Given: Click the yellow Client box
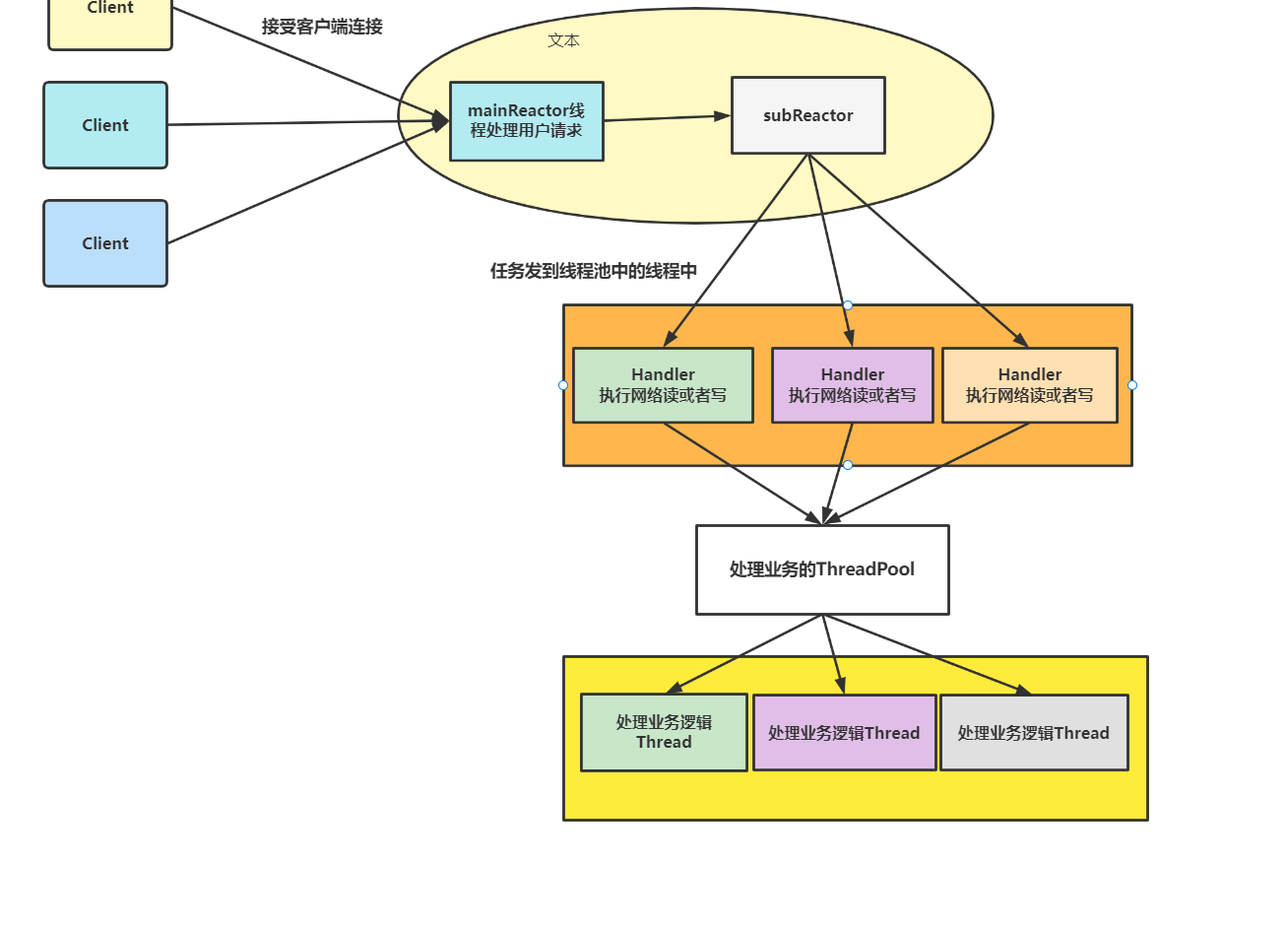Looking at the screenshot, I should (x=110, y=20).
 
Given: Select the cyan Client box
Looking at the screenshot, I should (x=105, y=125).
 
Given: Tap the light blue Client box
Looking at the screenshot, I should (x=105, y=243).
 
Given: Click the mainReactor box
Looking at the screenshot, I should (x=527, y=121).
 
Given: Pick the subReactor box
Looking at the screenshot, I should (x=807, y=115).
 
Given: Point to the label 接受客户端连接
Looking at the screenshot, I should (x=322, y=27).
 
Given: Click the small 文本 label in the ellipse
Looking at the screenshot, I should (x=564, y=40).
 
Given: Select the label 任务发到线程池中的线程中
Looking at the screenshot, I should (x=594, y=271).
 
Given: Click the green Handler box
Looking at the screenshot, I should (x=663, y=385).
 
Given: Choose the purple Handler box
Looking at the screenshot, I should (x=853, y=385).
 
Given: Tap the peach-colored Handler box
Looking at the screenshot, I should (x=1030, y=385).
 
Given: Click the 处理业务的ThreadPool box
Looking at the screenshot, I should (x=822, y=569).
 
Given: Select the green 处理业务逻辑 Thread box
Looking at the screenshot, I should (x=664, y=732).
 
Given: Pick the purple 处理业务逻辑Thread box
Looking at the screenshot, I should (x=844, y=733).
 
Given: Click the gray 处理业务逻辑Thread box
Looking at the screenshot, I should (x=1034, y=733).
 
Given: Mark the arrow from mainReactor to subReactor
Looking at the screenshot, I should (x=667, y=118).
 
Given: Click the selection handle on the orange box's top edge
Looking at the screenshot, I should (x=848, y=305).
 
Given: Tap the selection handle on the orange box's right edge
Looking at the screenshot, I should (x=1132, y=385).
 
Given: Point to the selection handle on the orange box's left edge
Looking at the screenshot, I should (x=563, y=385).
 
